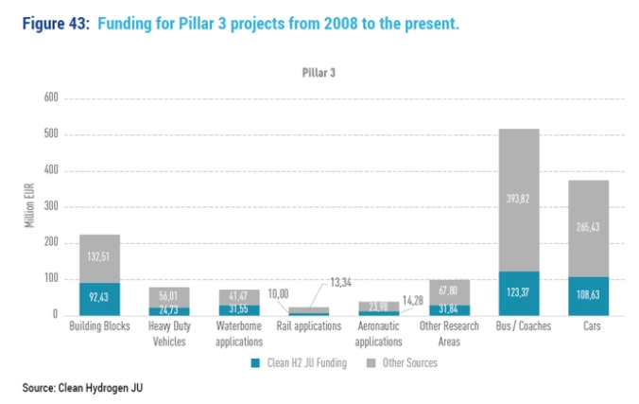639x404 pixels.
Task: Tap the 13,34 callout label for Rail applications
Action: point(342,282)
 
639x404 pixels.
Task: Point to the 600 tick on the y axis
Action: point(51,98)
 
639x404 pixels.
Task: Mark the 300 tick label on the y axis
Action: point(51,207)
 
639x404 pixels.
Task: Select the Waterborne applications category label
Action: point(238,333)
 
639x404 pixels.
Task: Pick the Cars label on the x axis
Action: point(588,327)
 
